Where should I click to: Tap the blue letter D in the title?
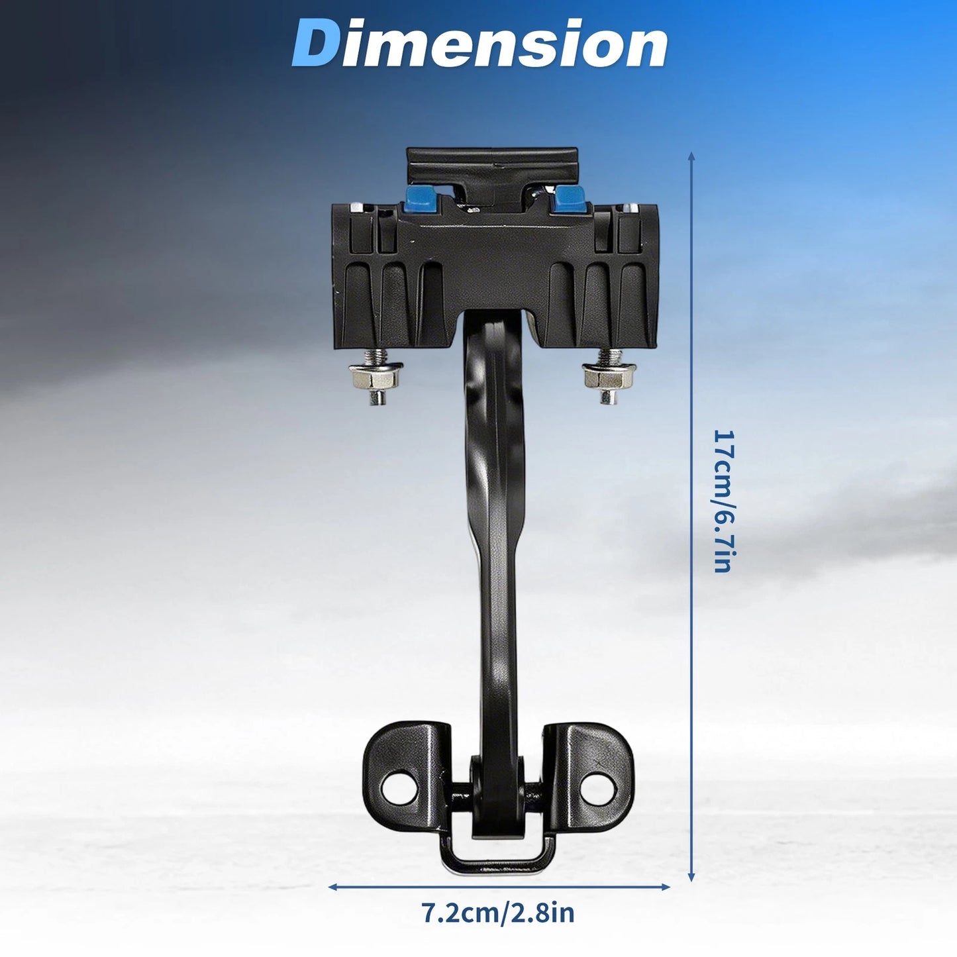(x=317, y=43)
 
